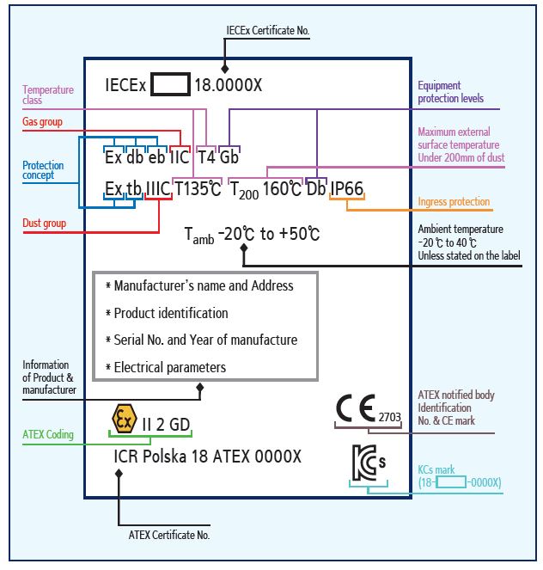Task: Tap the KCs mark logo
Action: pyautogui.click(x=369, y=465)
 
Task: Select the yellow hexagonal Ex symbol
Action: pyautogui.click(x=125, y=420)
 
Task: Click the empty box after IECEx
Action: pyautogui.click(x=170, y=86)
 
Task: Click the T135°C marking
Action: pyautogui.click(x=198, y=189)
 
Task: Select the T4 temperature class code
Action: pyautogui.click(x=206, y=157)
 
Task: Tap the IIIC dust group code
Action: pyautogui.click(x=158, y=189)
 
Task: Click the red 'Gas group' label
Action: pyautogui.click(x=42, y=122)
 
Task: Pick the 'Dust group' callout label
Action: pyautogui.click(x=44, y=224)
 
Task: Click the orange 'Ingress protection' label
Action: pyautogui.click(x=455, y=202)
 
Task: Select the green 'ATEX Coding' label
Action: pyautogui.click(x=47, y=435)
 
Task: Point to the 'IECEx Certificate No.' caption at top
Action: pyautogui.click(x=267, y=31)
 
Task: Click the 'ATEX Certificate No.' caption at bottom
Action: pyautogui.click(x=169, y=535)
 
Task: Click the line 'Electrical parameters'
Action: pyautogui.click(x=170, y=367)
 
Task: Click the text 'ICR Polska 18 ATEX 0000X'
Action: pyautogui.click(x=207, y=457)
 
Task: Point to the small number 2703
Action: pyautogui.click(x=389, y=417)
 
